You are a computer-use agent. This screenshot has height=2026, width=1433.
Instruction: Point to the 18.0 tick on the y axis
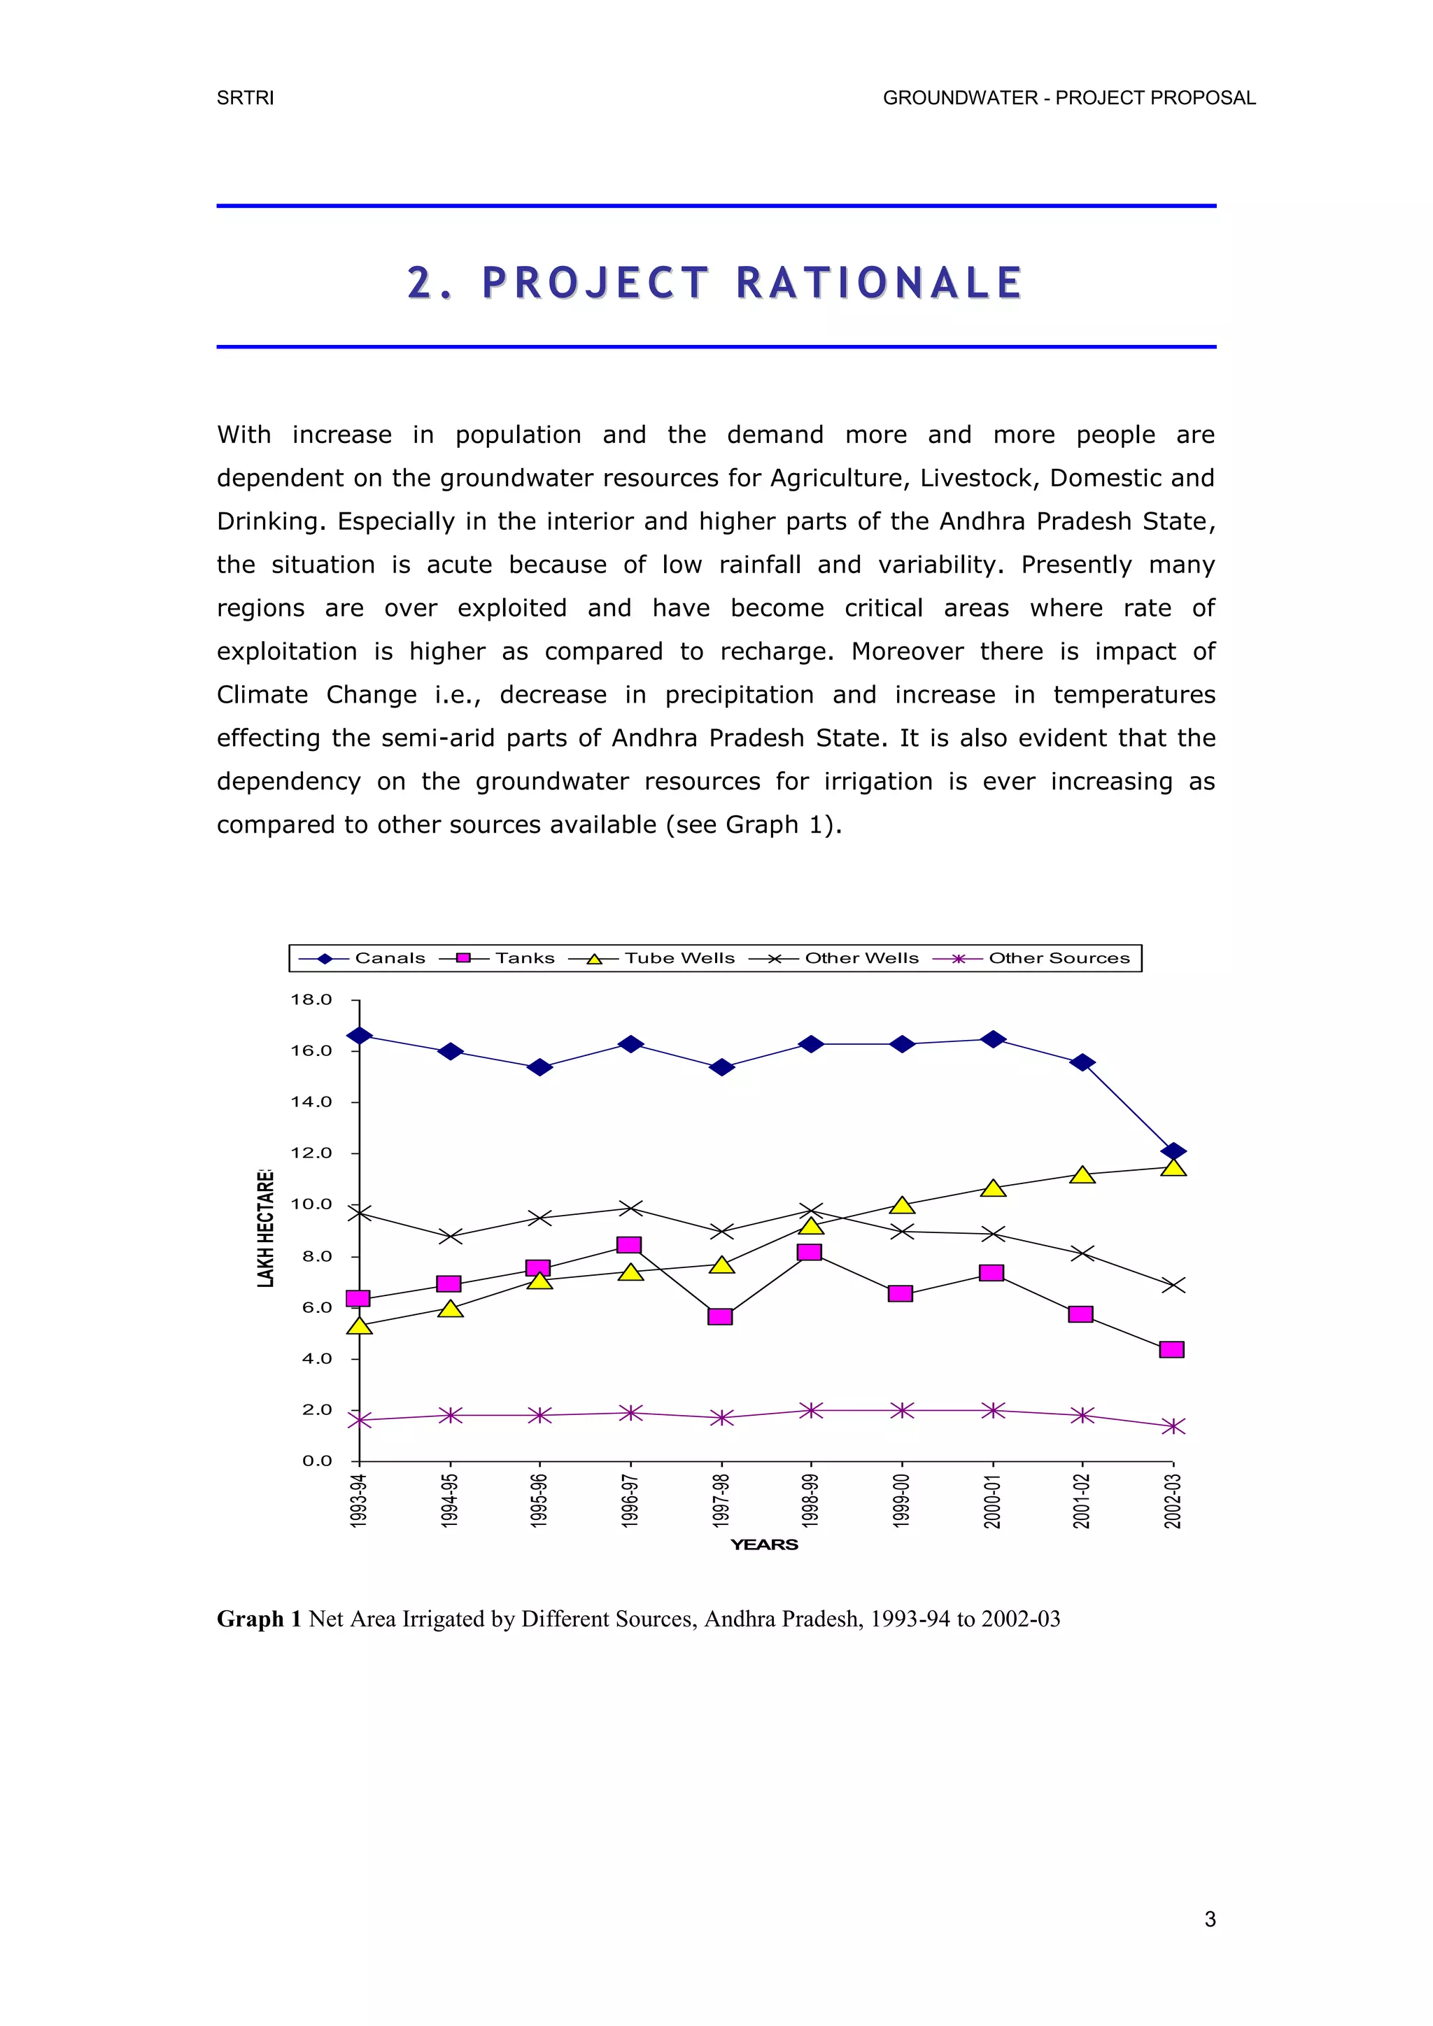point(311,1000)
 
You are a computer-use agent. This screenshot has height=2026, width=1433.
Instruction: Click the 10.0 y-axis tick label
point(311,1204)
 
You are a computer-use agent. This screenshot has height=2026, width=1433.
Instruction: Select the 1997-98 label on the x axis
point(722,1500)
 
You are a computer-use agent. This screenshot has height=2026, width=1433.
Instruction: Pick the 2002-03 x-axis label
point(1173,1500)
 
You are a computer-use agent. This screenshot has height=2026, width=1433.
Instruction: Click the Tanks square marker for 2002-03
point(1172,1349)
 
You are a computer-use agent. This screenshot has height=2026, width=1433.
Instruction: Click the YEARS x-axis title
point(764,1545)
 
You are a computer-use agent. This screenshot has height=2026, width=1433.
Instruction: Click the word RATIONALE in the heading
point(879,283)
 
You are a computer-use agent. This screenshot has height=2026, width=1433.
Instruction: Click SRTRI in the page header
point(246,98)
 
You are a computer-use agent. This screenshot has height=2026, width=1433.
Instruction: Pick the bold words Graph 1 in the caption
point(260,1619)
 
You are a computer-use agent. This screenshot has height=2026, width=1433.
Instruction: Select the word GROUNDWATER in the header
point(960,98)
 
